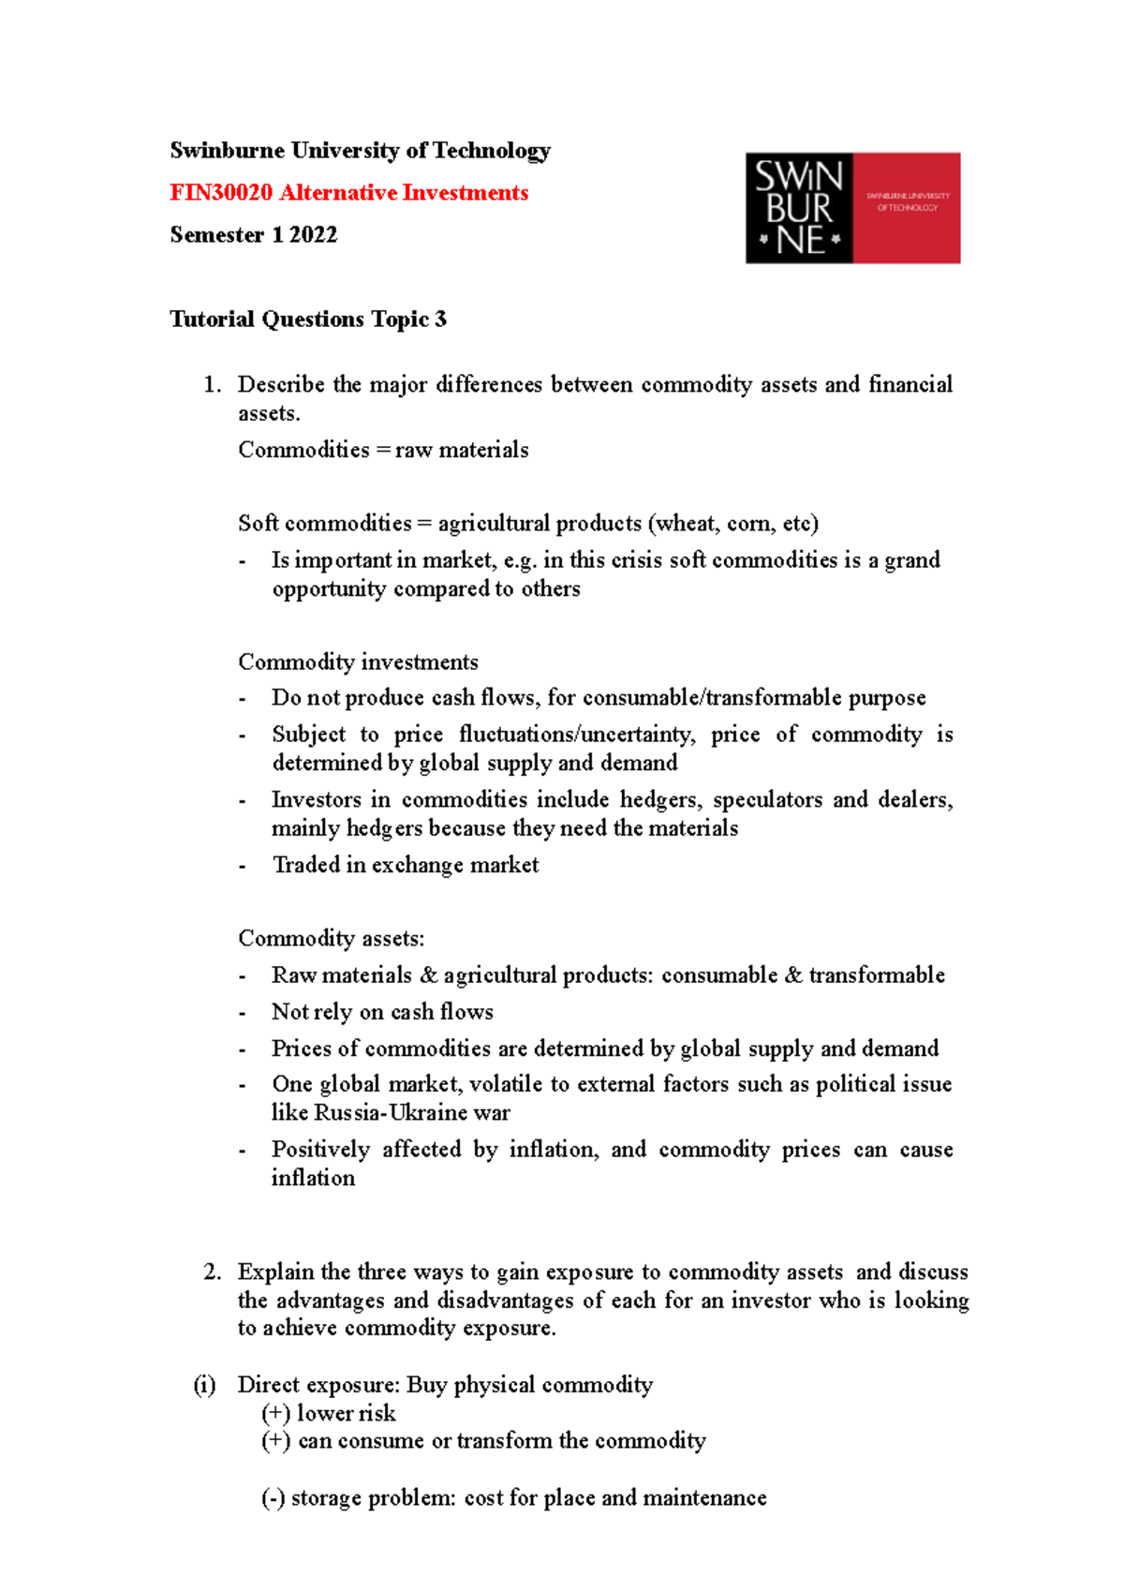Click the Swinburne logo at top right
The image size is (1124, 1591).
coord(852,208)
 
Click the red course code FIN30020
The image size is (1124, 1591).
coord(221,193)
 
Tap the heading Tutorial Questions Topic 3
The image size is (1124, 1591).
coord(307,320)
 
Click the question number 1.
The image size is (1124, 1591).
coord(212,385)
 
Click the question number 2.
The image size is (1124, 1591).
coord(212,1272)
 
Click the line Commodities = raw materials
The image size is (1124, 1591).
coord(383,451)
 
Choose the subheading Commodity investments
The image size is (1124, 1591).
coord(358,662)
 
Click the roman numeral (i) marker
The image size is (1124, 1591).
coord(204,1385)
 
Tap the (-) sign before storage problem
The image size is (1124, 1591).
coord(273,1498)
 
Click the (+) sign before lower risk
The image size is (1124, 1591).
coord(275,1413)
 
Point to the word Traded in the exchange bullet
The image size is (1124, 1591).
coord(305,865)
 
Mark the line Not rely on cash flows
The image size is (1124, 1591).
coord(382,1012)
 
